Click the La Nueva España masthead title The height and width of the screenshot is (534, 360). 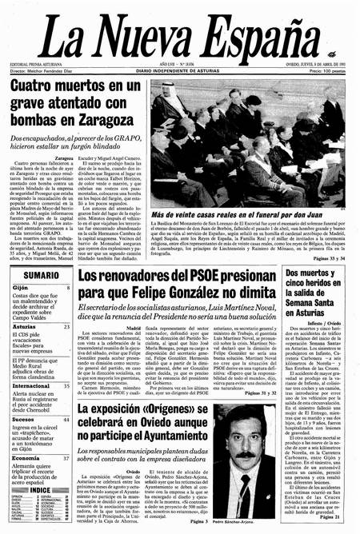179,35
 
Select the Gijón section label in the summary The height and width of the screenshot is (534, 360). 22,288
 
